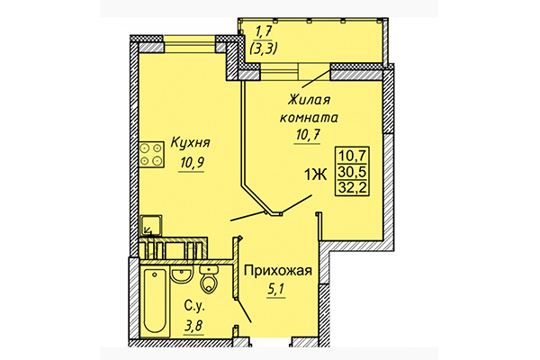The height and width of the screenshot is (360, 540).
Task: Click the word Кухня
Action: pyautogui.click(x=192, y=142)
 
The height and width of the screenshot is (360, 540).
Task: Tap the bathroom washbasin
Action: pyautogui.click(x=183, y=274)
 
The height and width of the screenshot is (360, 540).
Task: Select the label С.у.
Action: pyautogui.click(x=191, y=306)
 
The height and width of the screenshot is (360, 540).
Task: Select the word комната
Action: pyautogui.click(x=311, y=116)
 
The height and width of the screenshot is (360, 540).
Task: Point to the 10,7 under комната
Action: pyautogui.click(x=311, y=135)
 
